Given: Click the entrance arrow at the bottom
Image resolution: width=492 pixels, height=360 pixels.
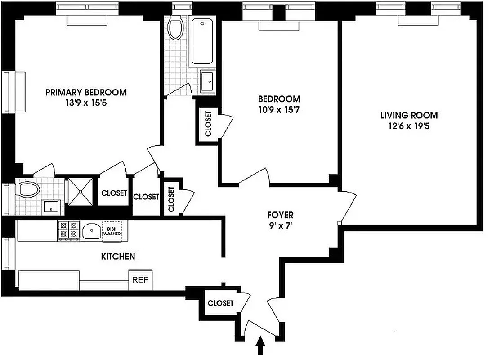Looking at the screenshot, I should [x=259, y=348].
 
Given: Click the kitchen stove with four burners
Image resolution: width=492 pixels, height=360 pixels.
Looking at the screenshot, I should [x=68, y=230].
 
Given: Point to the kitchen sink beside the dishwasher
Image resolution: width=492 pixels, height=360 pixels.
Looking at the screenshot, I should [x=91, y=231].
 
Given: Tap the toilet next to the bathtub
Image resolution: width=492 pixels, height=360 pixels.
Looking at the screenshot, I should [x=175, y=27].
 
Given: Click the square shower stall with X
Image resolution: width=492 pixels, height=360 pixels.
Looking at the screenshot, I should [x=80, y=191].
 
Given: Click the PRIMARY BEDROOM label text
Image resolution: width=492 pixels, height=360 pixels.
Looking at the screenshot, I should [x=86, y=92].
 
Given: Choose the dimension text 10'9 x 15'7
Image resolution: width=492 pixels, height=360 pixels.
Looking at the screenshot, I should [x=279, y=109].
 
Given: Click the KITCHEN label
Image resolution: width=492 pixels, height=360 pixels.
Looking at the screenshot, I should [x=118, y=256].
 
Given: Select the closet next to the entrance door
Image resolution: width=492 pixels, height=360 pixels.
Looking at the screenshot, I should [x=220, y=303].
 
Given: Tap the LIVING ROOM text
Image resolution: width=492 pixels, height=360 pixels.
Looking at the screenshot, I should [x=409, y=115].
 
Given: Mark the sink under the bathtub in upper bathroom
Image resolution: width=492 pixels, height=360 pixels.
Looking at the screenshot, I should [x=207, y=81].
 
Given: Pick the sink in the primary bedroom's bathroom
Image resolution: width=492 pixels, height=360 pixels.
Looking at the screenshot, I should [x=51, y=207].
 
